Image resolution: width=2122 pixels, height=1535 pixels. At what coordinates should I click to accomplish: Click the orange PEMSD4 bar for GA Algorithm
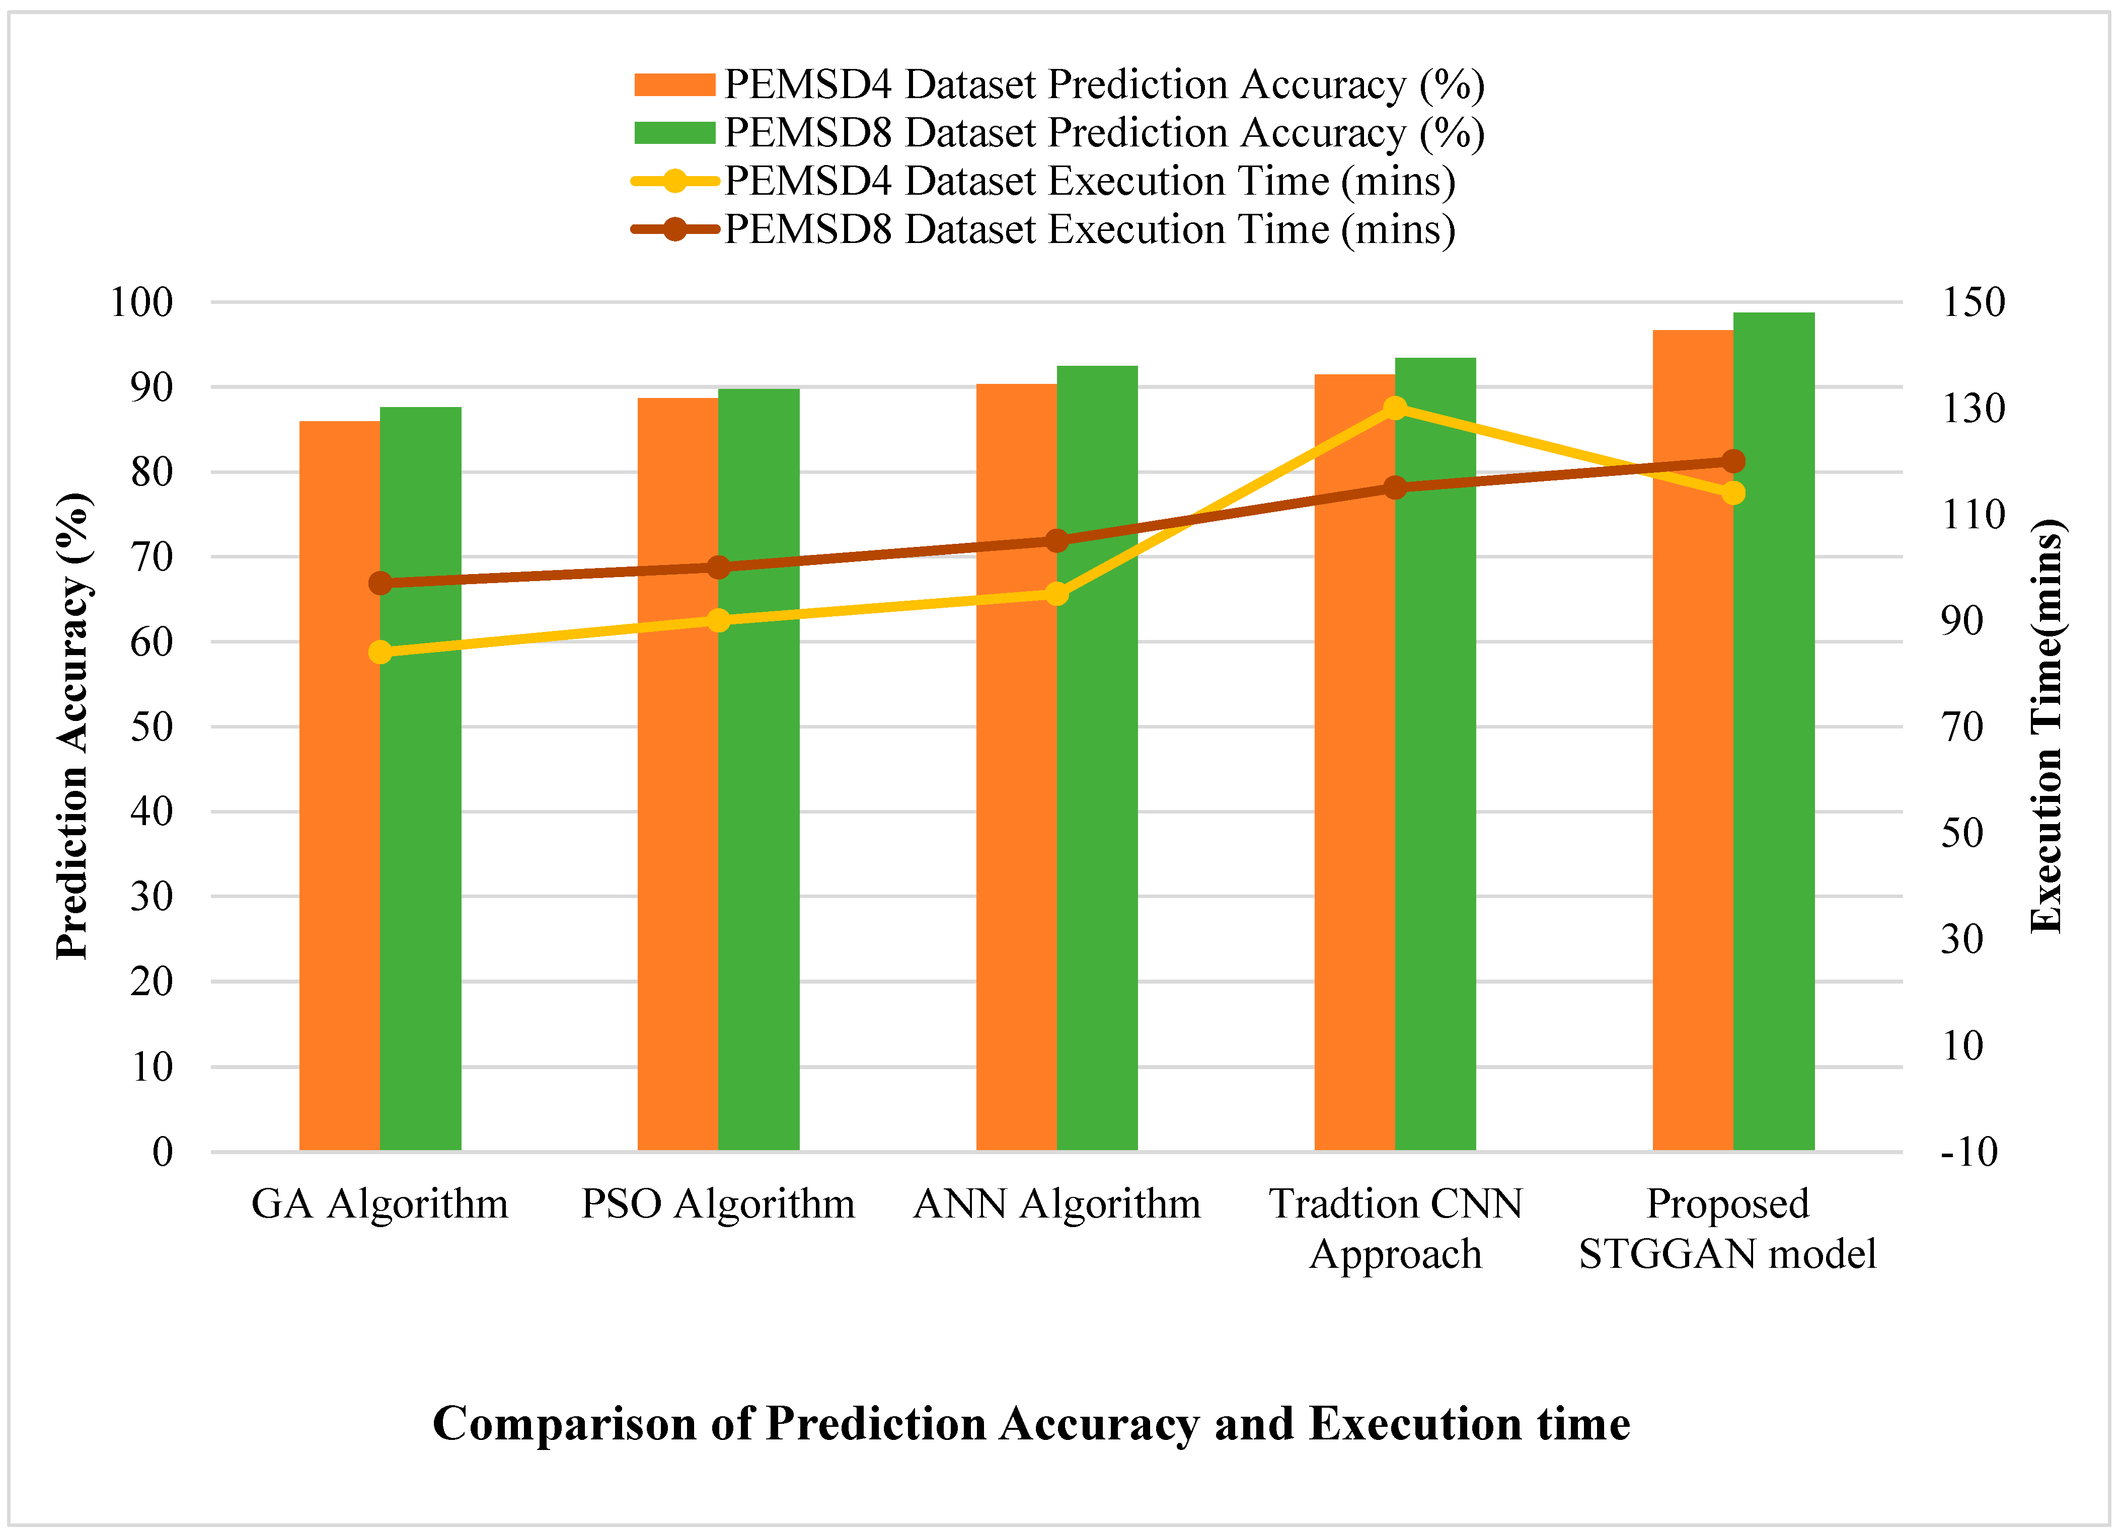click(340, 786)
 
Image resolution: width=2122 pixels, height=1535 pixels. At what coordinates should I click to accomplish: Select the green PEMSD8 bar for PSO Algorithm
click(759, 769)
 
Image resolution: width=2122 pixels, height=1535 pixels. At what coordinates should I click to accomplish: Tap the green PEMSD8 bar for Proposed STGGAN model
click(1774, 732)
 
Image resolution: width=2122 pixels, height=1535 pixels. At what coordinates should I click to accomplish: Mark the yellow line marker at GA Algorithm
click(380, 652)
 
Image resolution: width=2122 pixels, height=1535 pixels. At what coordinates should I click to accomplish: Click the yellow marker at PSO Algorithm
click(719, 620)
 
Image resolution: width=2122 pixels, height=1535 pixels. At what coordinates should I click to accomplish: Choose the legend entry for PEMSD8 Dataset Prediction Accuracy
click(1059, 133)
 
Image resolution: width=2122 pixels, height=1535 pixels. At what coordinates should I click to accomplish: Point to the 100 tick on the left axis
click(142, 302)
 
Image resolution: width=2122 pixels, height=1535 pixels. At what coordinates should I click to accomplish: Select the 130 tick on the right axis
click(1973, 409)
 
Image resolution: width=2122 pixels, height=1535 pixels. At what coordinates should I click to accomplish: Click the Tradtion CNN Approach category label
click(1396, 1228)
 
